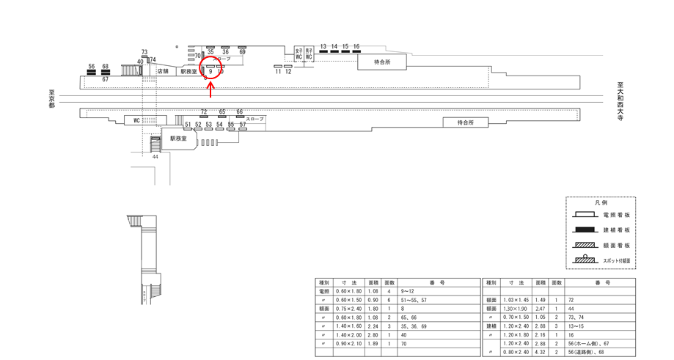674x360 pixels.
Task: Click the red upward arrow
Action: pyautogui.click(x=211, y=90)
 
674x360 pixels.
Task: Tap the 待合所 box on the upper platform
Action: pyautogui.click(x=382, y=62)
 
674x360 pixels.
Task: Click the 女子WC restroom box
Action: pyautogui.click(x=298, y=54)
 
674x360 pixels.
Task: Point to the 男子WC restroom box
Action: pyautogui.click(x=309, y=54)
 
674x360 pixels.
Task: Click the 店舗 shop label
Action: pyautogui.click(x=163, y=71)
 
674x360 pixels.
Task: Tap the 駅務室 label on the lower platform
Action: pyautogui.click(x=178, y=138)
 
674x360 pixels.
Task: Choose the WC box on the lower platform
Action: pyautogui.click(x=136, y=120)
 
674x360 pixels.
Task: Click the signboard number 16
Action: pyautogui.click(x=356, y=47)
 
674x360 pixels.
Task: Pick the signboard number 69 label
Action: pyautogui.click(x=242, y=52)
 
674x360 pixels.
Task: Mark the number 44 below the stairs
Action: pyautogui.click(x=155, y=157)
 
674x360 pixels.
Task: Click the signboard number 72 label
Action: pyautogui.click(x=204, y=111)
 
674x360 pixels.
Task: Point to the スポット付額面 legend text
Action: pyautogui.click(x=617, y=260)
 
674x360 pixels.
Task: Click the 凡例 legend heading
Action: pyautogui.click(x=600, y=202)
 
